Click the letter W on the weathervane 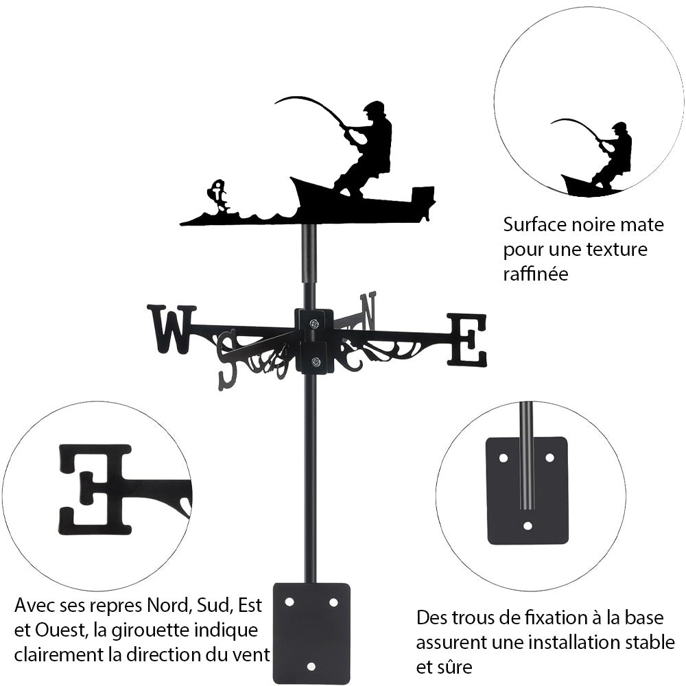pyautogui.click(x=171, y=329)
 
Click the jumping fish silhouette pyautogui.click(x=218, y=195)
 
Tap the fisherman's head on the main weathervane pyautogui.click(x=375, y=110)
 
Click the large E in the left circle pyautogui.click(x=96, y=488)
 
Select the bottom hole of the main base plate pyautogui.click(x=311, y=666)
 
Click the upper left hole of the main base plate pyautogui.click(x=289, y=602)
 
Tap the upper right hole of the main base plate pyautogui.click(x=333, y=602)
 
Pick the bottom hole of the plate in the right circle pyautogui.click(x=527, y=526)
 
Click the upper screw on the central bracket pyautogui.click(x=314, y=324)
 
